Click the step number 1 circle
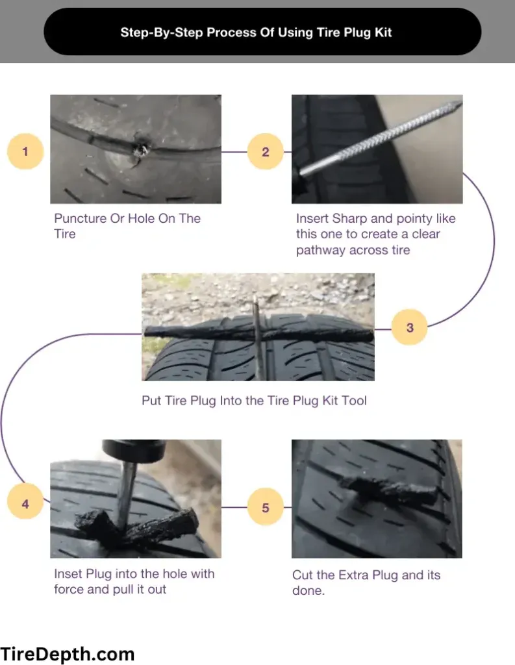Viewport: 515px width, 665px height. [25, 151]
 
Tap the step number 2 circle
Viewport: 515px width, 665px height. [265, 151]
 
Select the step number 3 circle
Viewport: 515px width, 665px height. [409, 327]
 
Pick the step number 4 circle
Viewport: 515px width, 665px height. [25, 503]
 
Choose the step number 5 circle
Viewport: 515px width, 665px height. [265, 507]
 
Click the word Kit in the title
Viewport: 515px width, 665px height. [384, 32]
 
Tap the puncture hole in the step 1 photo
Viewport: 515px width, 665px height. [141, 150]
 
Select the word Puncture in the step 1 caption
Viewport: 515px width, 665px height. [80, 218]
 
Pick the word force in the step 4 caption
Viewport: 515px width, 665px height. [68, 590]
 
